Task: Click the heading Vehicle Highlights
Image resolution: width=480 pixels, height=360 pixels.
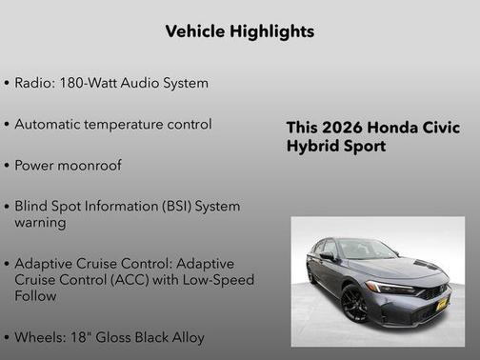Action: coord(239,31)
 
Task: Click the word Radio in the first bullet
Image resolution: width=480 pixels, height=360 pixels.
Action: coord(35,83)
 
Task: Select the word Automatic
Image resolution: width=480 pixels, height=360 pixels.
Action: coord(52,124)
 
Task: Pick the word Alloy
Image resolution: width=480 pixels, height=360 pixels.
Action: coord(186,336)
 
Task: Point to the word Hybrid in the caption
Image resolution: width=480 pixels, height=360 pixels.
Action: coord(312,147)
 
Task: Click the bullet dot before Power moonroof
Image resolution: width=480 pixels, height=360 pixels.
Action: coord(8,165)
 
